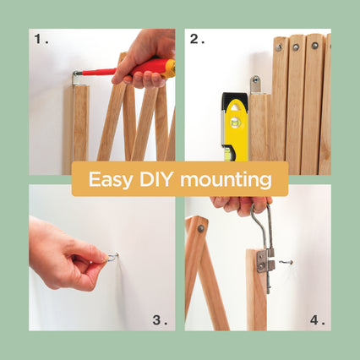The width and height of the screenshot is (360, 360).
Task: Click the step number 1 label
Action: point(41,39)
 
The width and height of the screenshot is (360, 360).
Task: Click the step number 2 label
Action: point(197,39)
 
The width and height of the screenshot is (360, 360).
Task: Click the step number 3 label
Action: point(160,320)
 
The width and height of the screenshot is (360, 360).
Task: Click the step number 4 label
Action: point(317,320)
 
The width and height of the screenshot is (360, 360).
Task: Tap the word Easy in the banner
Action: point(110,180)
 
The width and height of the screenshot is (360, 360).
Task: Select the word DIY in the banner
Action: point(155,179)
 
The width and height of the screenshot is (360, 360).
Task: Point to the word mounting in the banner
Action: point(226,180)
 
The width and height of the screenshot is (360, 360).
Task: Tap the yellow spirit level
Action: point(235,127)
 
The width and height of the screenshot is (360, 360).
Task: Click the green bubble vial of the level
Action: point(234,123)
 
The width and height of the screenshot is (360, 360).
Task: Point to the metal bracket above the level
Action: point(256,84)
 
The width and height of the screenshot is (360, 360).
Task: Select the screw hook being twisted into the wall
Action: point(112,256)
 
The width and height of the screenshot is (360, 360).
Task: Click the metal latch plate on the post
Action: point(265,261)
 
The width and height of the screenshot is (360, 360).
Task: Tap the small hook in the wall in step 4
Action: point(286,262)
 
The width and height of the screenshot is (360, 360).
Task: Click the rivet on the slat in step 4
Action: point(200,228)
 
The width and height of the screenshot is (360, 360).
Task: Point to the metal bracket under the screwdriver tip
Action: point(76,79)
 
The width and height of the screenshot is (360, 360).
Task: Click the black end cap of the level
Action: point(235,99)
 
